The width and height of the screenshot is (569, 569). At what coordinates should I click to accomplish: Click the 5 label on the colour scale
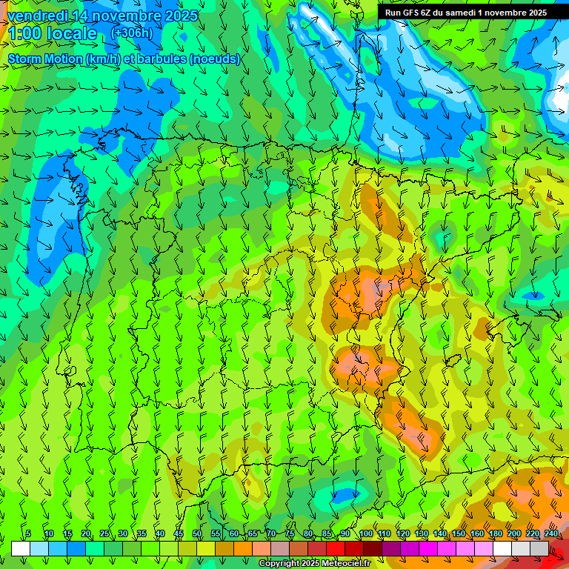[x=28, y=534]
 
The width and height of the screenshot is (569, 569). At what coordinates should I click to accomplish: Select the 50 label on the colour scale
[x=197, y=534]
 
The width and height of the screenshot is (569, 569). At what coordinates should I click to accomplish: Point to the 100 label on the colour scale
[x=365, y=534]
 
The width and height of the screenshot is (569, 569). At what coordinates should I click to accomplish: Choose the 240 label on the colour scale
[x=550, y=534]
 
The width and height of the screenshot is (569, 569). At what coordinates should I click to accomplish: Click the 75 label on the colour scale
[x=290, y=534]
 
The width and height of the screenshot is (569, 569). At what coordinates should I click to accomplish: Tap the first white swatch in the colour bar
[x=21, y=548]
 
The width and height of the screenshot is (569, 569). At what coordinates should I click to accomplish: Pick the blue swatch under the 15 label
[x=76, y=548]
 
